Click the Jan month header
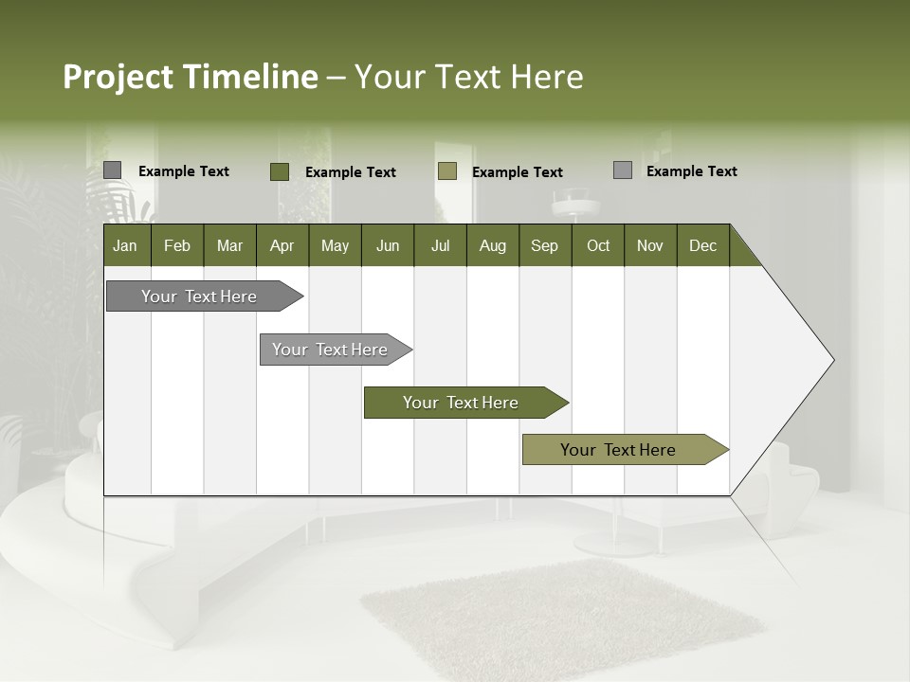tap(126, 245)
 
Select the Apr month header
tap(282, 245)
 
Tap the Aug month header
tap(493, 245)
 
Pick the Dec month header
tap(702, 245)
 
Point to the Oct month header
tap(598, 245)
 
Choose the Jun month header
tap(388, 245)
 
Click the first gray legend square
tap(113, 170)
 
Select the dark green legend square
tap(280, 171)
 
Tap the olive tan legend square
tap(447, 171)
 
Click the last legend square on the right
tap(623, 170)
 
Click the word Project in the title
tap(118, 77)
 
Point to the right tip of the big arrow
tap(831, 360)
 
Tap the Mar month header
tap(229, 245)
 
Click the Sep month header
tap(544, 245)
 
